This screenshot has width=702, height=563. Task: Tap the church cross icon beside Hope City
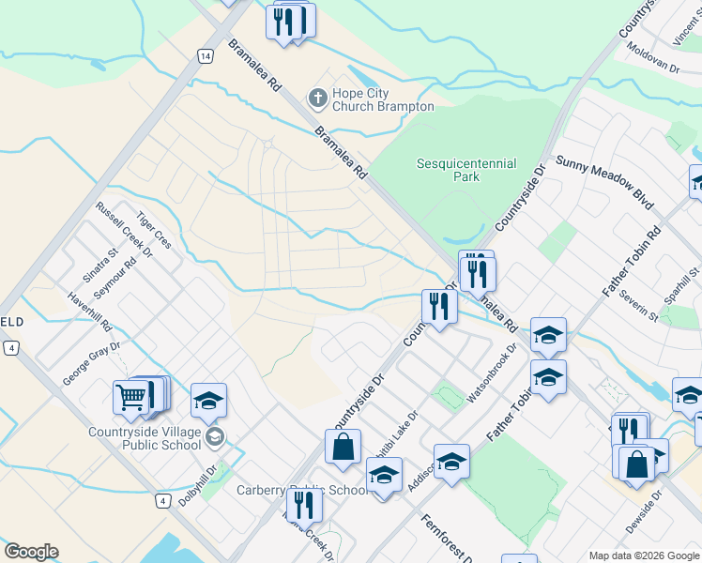coord(317,97)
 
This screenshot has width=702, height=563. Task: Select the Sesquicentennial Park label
coord(466,170)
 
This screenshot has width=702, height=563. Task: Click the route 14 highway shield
coord(205,56)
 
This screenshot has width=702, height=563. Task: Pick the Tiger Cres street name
coord(154,229)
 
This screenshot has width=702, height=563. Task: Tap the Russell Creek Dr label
coord(124,234)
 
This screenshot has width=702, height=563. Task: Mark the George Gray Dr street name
coord(92,363)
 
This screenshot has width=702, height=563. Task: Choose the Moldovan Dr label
coord(652,58)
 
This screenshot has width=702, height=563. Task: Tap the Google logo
coord(31,552)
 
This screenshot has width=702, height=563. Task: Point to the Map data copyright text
coord(644,555)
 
